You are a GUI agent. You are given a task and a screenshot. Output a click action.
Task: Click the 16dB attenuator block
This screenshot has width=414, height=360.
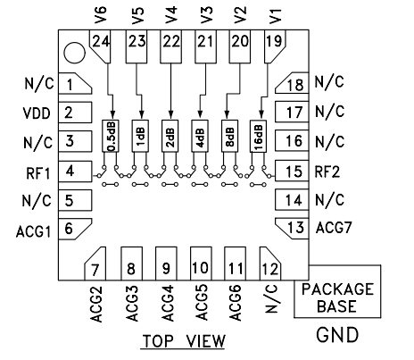257,136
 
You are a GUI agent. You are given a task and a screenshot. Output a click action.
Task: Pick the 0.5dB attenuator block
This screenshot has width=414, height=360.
110,136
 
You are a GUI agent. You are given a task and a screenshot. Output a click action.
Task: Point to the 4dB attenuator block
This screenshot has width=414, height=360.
199,136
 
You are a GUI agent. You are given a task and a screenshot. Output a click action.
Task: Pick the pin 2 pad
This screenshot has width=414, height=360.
68,113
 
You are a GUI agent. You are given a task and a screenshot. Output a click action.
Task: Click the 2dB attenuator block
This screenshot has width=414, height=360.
170,136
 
